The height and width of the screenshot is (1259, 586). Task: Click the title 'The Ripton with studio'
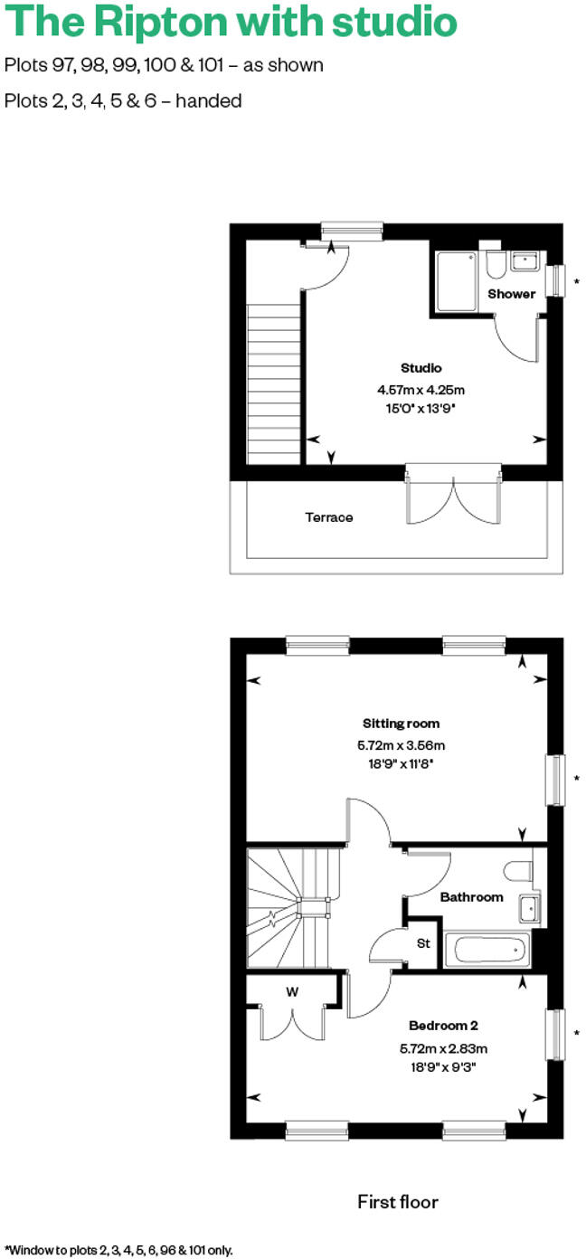[x=231, y=24]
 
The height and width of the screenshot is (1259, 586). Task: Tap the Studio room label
[x=421, y=368]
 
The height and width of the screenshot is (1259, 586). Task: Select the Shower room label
[x=512, y=294]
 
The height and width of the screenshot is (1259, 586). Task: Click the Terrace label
[x=328, y=517]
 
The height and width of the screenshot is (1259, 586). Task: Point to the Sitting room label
[x=401, y=724]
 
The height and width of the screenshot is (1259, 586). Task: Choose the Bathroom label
[x=471, y=897]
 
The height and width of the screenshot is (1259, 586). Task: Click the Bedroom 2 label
[x=443, y=1026]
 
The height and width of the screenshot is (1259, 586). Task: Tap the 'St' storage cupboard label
[x=422, y=944]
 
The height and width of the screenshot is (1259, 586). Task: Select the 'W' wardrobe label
[x=292, y=992]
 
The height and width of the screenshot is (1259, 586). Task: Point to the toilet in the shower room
[x=495, y=265]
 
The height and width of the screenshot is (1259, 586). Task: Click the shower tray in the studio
[x=457, y=281]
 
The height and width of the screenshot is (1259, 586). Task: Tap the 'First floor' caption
[x=398, y=1202]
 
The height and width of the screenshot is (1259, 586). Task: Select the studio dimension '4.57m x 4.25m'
[x=421, y=391]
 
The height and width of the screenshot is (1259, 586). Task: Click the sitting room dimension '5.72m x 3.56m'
[x=401, y=746]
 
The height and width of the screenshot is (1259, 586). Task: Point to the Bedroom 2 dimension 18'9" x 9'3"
[x=443, y=1066]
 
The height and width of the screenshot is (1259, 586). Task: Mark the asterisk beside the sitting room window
[x=576, y=779]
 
